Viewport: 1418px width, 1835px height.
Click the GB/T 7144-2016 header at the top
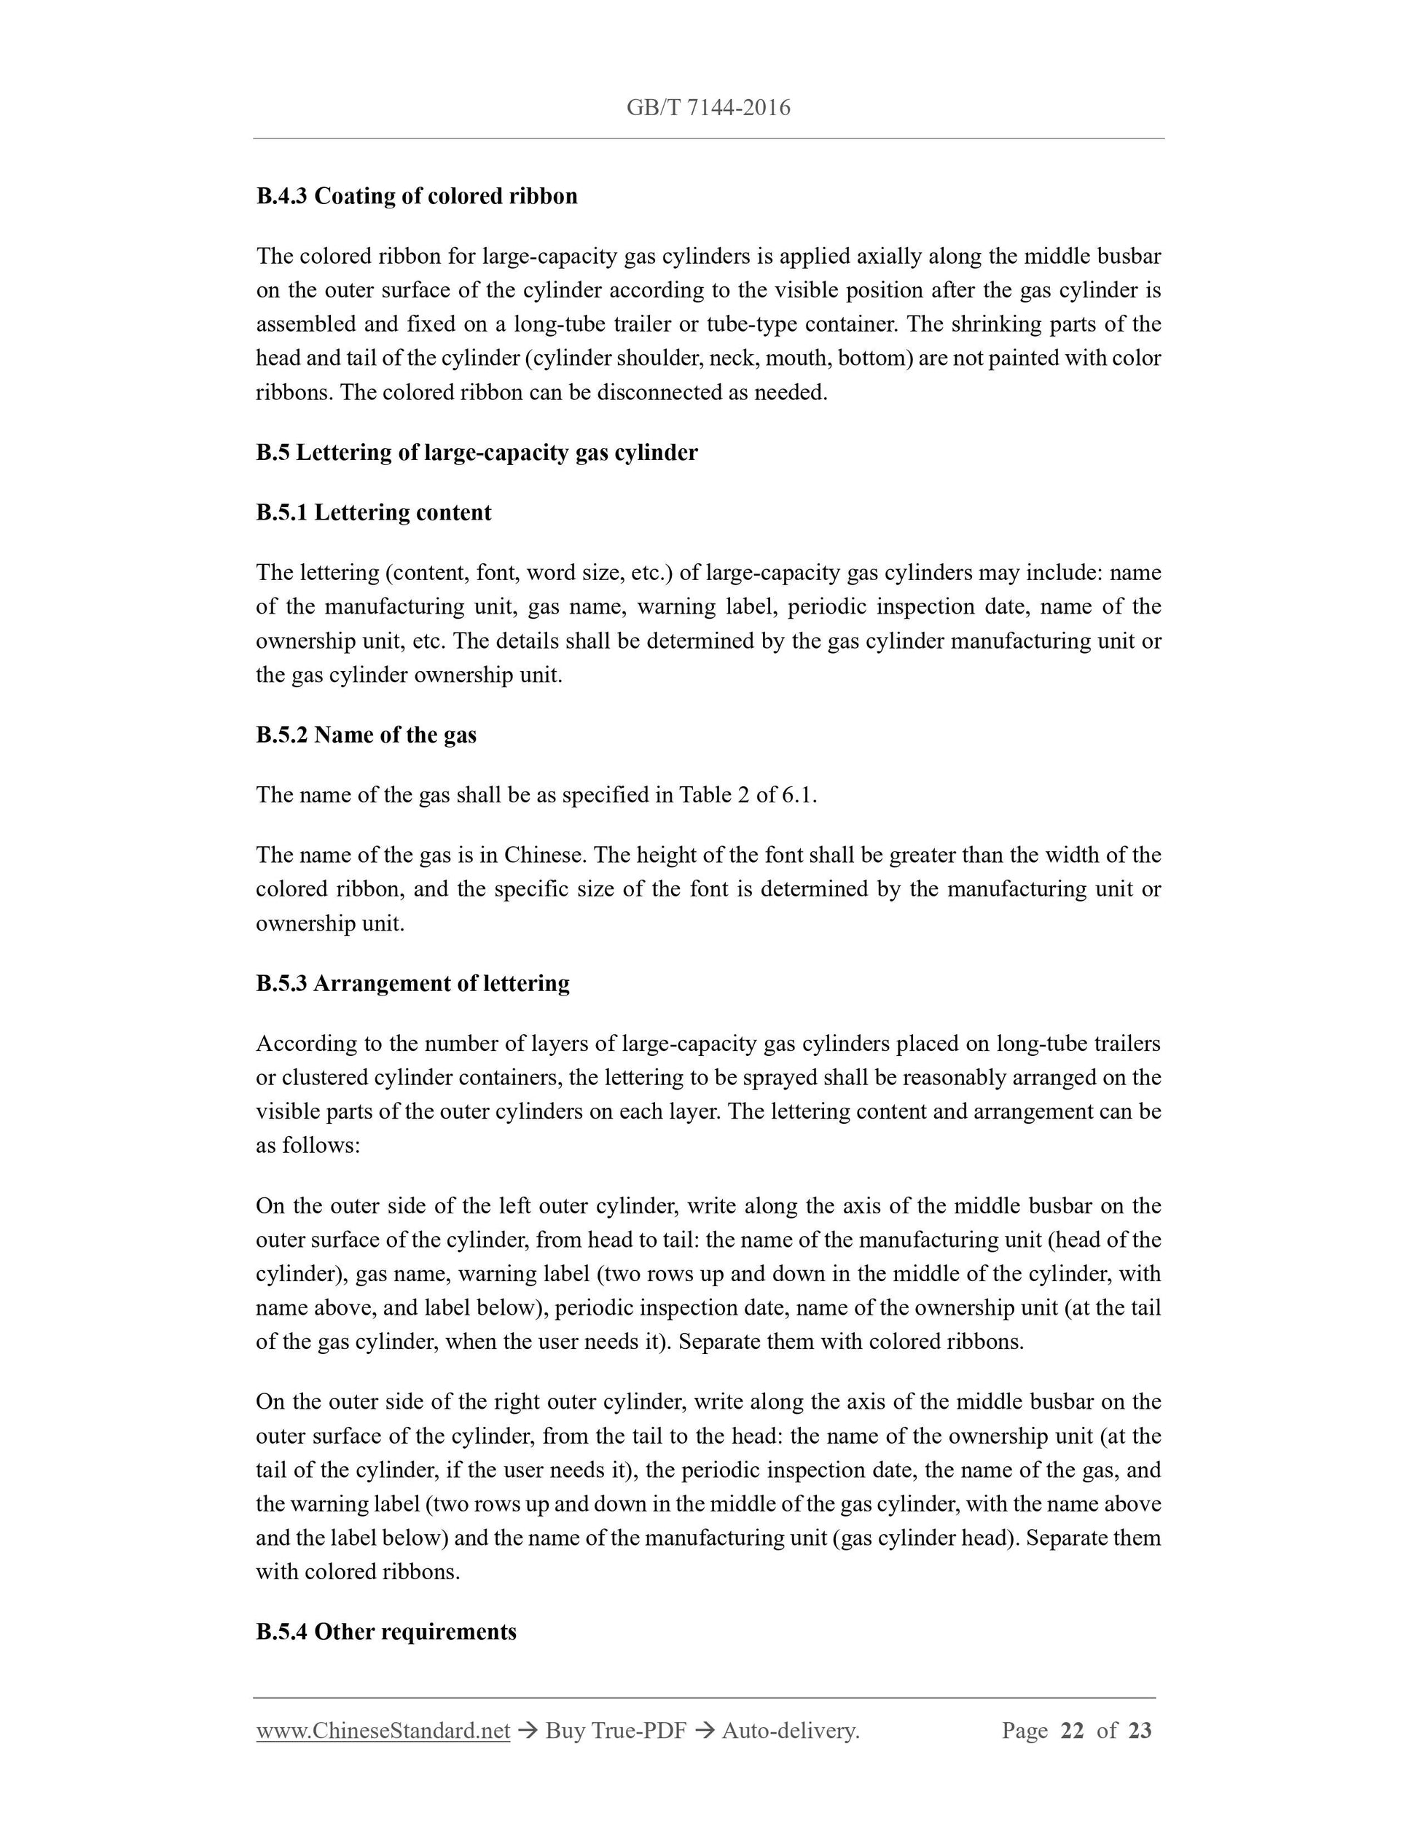click(708, 108)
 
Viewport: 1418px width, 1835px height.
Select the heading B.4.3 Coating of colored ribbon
click(417, 196)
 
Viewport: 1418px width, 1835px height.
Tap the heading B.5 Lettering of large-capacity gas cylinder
click(477, 452)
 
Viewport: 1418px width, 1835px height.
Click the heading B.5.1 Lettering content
click(374, 512)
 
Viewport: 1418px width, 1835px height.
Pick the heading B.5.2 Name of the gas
click(367, 735)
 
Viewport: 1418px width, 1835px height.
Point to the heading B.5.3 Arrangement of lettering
click(412, 983)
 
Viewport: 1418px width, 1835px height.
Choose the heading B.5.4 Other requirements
click(386, 1632)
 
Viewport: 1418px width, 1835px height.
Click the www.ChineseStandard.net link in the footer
click(383, 1731)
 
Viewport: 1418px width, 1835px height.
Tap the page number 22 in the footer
click(1073, 1731)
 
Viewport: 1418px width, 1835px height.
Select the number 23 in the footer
click(1140, 1731)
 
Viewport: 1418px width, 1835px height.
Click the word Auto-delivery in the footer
click(789, 1731)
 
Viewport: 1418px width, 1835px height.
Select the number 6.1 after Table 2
click(799, 795)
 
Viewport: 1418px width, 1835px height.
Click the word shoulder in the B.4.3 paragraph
click(659, 359)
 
